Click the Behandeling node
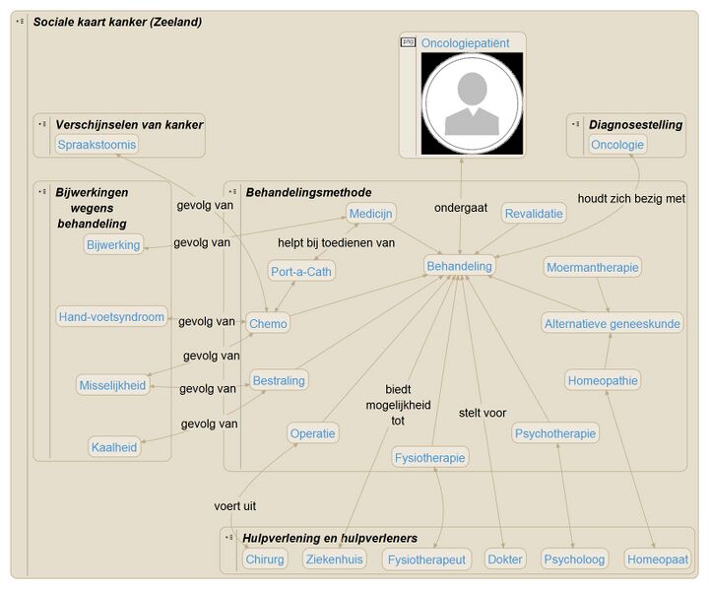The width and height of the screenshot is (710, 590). click(x=460, y=266)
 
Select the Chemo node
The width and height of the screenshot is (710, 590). click(x=268, y=323)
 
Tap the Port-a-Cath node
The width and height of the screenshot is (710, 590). click(x=300, y=272)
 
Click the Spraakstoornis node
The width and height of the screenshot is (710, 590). click(x=97, y=145)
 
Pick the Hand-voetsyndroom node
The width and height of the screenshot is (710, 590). click(x=111, y=317)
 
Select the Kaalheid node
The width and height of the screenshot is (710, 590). click(x=114, y=447)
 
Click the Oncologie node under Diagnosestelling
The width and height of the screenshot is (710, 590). click(x=617, y=145)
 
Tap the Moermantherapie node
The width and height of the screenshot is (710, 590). click(x=593, y=267)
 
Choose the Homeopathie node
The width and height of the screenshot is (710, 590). click(x=603, y=380)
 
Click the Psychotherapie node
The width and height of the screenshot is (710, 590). click(x=555, y=433)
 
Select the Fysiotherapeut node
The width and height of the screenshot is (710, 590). click(x=426, y=559)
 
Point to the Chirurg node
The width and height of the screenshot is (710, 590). click(x=265, y=559)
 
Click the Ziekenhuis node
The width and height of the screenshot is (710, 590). click(x=334, y=559)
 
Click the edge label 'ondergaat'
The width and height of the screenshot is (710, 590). click(x=461, y=208)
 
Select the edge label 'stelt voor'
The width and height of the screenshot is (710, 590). click(x=483, y=413)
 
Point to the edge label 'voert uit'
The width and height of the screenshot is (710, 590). click(x=235, y=505)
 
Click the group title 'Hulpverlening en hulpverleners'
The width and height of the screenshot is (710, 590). click(x=330, y=539)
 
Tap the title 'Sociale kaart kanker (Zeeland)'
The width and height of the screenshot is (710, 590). click(x=117, y=22)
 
